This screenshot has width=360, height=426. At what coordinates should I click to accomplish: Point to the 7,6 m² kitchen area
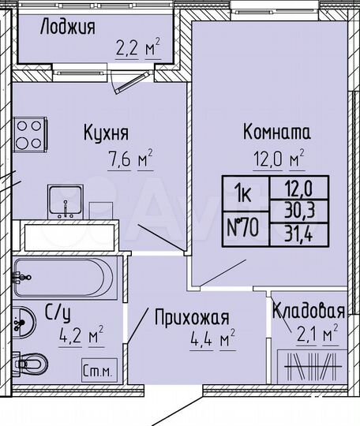(129, 160)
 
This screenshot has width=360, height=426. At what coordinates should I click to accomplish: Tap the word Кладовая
(309, 310)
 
